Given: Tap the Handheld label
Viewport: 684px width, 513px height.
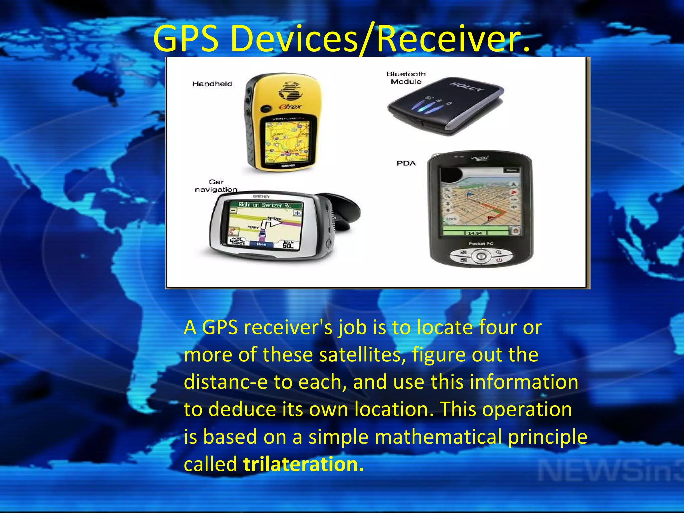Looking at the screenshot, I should [x=212, y=84].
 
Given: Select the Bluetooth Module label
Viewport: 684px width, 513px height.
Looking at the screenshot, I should [x=406, y=78].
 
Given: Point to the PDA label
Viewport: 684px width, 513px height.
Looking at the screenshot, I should [x=406, y=163].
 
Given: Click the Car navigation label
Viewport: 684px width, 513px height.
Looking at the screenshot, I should [x=216, y=186].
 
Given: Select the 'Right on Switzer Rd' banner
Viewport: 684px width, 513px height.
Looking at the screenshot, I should [x=265, y=205].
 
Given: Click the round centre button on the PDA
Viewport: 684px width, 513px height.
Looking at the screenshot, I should [x=481, y=256].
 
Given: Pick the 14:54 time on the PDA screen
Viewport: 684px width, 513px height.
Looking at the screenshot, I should [x=475, y=233].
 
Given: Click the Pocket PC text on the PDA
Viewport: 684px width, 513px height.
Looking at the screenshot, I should [x=481, y=244].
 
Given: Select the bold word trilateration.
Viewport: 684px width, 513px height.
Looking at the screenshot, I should [x=303, y=464].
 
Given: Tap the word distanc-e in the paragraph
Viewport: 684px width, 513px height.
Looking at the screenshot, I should [x=226, y=382].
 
